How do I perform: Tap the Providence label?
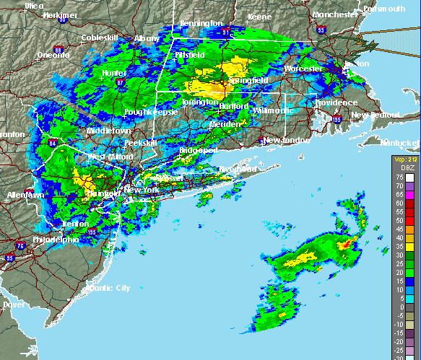[x=334, y=102]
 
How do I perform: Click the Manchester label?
[x=334, y=14]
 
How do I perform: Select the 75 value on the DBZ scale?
[x=398, y=175]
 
